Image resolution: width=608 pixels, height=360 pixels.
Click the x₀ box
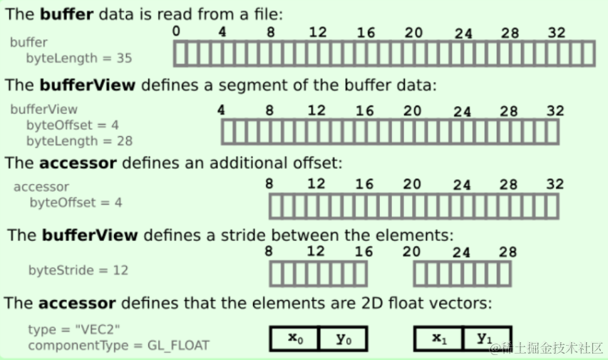pos(294,339)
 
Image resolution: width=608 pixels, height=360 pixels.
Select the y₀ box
pos(343,339)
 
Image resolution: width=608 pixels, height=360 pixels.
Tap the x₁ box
pos(438,339)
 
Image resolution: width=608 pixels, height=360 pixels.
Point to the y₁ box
pos(486,339)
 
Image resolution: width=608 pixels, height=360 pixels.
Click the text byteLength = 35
pos(79,58)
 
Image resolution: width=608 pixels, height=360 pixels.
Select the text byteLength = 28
pos(79,140)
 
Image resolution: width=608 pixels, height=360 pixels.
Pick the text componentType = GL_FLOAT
pos(119,346)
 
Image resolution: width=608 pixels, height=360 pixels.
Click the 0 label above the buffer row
pos(177,31)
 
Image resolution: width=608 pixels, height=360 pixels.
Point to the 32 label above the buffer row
pos(558,32)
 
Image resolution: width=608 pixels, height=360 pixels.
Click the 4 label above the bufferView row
pos(221,110)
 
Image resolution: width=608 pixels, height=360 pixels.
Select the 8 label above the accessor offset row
pos(269,184)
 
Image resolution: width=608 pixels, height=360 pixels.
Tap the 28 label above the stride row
pos(508,252)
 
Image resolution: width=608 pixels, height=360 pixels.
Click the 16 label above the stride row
pos(364,252)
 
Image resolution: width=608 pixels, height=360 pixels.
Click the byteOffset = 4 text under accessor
pos(76,202)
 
